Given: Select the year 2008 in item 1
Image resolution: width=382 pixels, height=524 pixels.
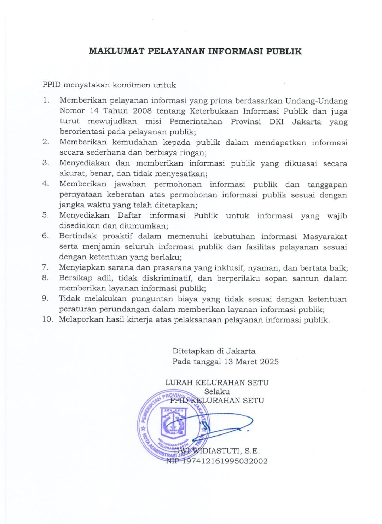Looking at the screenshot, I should point(142,111).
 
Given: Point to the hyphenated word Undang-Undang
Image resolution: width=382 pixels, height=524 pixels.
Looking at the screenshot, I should point(317,101).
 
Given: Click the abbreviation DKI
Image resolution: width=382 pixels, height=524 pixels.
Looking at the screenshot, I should point(276,122).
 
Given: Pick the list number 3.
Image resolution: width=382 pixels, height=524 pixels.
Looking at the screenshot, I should point(45,163).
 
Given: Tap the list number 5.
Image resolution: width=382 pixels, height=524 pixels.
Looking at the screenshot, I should point(45,215).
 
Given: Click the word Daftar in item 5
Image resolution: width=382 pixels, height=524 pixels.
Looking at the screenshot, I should point(129,215).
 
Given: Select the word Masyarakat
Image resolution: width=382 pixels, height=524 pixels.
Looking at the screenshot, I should point(325,236).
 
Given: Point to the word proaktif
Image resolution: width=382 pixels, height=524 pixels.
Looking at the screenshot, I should point(117,236).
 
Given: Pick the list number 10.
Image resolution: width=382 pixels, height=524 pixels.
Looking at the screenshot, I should point(47,319).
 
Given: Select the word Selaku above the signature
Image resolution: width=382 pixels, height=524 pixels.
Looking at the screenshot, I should point(217,392).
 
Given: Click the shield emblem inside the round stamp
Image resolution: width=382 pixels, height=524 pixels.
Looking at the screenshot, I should point(173,422).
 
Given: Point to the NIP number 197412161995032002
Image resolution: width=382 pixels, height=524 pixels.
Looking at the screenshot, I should point(225,461).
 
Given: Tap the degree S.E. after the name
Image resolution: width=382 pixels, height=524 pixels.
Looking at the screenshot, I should point(252,451).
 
